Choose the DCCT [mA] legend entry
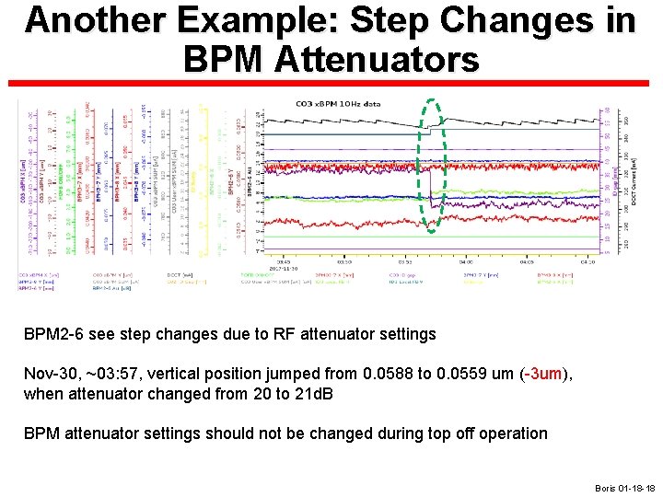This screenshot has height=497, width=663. [181, 275]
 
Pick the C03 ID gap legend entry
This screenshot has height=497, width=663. [401, 275]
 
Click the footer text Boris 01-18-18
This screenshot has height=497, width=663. [624, 488]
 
